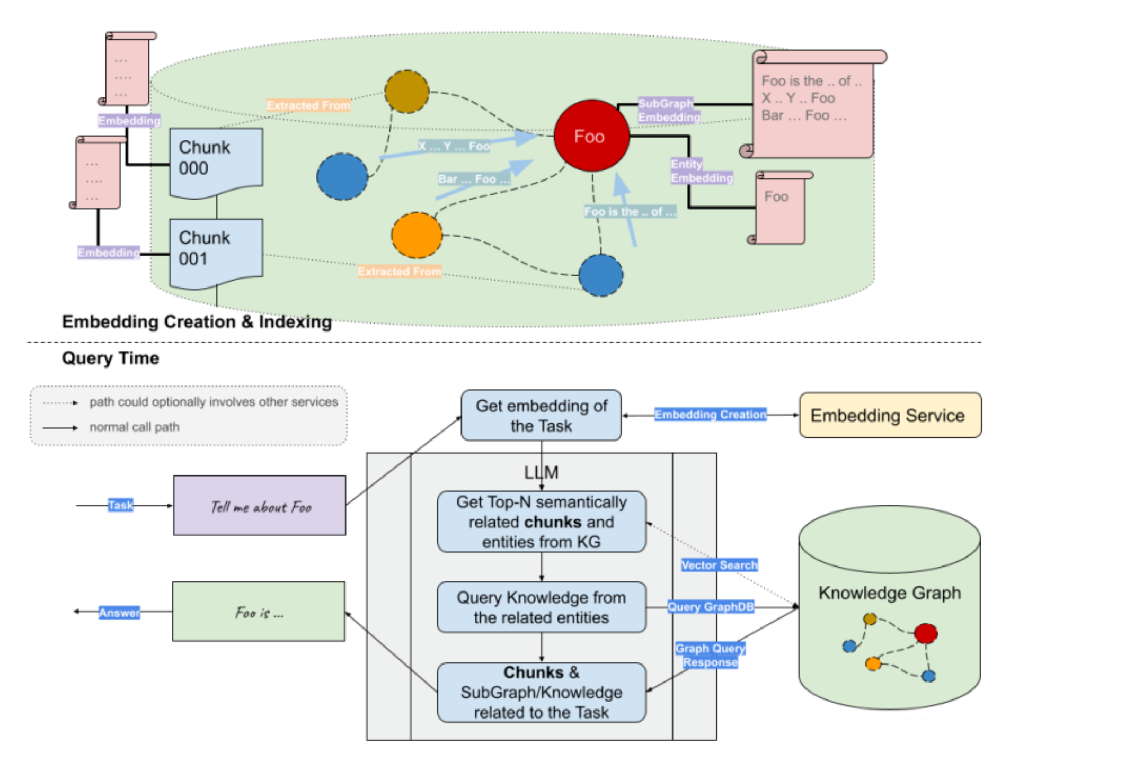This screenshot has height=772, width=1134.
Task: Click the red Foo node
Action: [591, 136]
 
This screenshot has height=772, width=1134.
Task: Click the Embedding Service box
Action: [890, 415]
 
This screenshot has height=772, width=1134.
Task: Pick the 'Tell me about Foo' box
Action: [260, 506]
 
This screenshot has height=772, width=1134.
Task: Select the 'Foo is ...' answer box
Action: [259, 612]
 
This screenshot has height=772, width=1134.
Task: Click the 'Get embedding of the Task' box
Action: [541, 416]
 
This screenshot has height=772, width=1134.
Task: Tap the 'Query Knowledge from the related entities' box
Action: [541, 607]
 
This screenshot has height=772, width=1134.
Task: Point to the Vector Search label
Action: [719, 565]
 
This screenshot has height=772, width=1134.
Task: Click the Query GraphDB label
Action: [710, 607]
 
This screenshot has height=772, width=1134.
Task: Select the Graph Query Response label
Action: [710, 655]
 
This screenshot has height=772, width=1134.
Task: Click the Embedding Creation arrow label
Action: [710, 415]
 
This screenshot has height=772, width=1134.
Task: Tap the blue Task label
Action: [120, 505]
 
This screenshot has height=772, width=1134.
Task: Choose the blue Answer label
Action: [119, 613]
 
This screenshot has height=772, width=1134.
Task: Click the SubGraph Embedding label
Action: [668, 110]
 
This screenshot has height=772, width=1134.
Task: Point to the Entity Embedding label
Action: [701, 171]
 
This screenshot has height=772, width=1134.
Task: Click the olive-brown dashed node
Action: [406, 92]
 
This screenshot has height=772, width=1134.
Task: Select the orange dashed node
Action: [417, 235]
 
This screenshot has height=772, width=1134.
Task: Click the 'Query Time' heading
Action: [110, 358]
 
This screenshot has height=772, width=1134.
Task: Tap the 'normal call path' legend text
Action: [134, 427]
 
